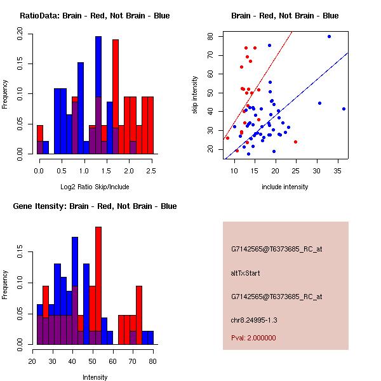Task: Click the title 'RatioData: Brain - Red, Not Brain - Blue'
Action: coord(95,15)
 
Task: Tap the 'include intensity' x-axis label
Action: coord(285,187)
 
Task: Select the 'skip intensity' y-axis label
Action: coord(195,95)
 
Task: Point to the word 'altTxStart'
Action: coord(246,273)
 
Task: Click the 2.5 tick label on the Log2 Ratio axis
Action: coord(151,170)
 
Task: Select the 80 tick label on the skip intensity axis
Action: coord(210,37)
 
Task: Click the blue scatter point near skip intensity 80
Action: coord(329,36)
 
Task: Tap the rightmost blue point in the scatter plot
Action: coord(344,109)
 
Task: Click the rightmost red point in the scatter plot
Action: coord(295,142)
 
